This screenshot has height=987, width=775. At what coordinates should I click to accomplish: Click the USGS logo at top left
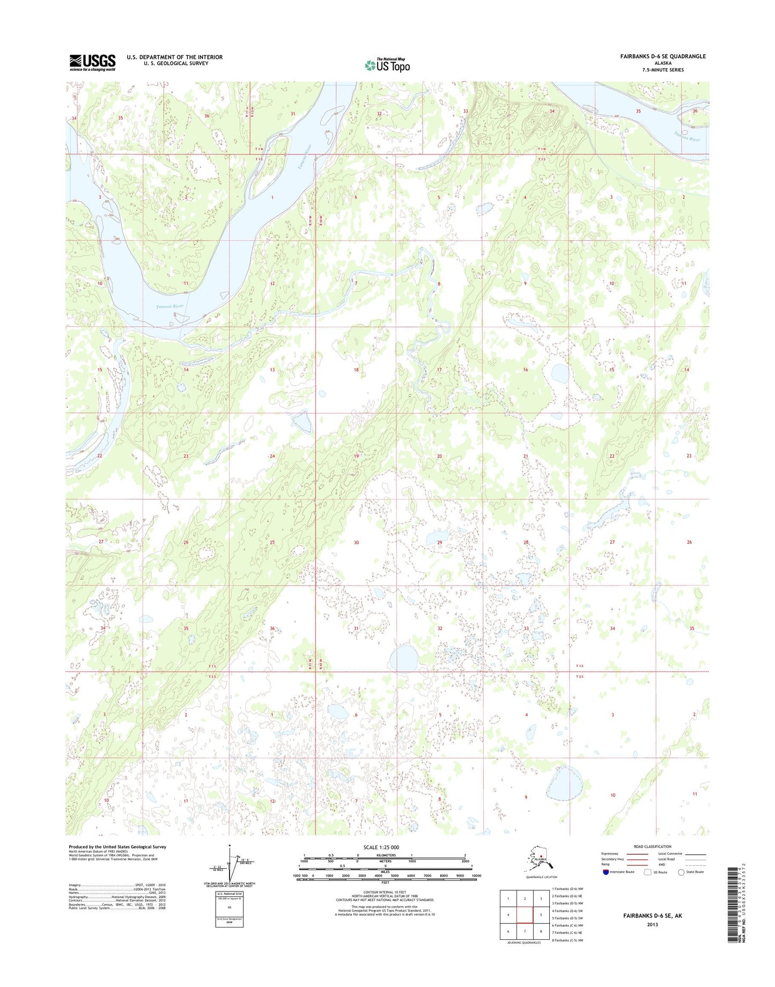tap(92, 63)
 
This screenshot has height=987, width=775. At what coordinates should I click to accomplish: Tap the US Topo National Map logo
tap(387, 65)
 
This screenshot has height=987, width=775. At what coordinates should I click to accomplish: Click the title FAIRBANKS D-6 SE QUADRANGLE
tap(663, 56)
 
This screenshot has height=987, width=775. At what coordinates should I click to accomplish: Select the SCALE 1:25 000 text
tap(381, 847)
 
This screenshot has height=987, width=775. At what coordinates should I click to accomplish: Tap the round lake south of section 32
tap(403, 657)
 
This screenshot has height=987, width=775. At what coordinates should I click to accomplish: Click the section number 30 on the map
tap(356, 542)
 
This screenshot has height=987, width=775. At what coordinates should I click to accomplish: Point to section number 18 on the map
tap(356, 370)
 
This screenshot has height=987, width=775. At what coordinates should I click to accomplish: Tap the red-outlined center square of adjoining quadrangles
tap(525, 914)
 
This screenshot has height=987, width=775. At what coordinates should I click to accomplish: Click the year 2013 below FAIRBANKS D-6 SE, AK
tap(652, 924)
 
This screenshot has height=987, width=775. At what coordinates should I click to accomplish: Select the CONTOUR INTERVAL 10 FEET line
tap(385, 892)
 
